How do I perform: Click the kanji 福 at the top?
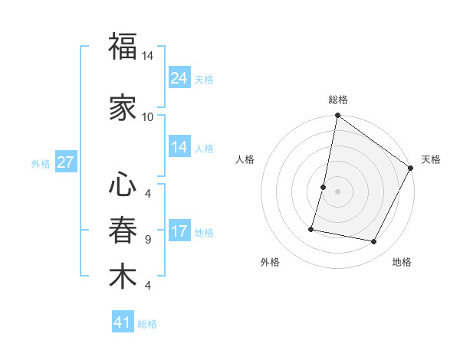[x=123, y=47]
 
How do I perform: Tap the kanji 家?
[x=123, y=107]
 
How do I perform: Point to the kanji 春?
[x=123, y=230]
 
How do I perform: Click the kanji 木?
[x=123, y=276]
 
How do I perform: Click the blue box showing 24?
[x=179, y=78]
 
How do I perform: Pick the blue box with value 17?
[x=179, y=232]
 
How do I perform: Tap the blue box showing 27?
[x=65, y=162]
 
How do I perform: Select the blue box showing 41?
[x=123, y=322]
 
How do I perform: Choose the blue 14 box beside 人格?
[x=179, y=147]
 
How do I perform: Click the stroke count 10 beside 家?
[x=147, y=116]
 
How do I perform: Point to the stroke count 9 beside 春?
[x=147, y=240]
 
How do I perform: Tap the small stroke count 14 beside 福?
[x=147, y=56]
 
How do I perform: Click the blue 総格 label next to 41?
[x=147, y=324]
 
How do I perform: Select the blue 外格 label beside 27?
[x=41, y=163]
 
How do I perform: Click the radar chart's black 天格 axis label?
[x=431, y=159]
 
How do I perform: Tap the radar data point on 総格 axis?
[x=337, y=116]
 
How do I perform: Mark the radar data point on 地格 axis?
[x=374, y=242]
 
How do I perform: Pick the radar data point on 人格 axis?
[x=324, y=187]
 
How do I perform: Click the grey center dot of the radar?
[x=337, y=191]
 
